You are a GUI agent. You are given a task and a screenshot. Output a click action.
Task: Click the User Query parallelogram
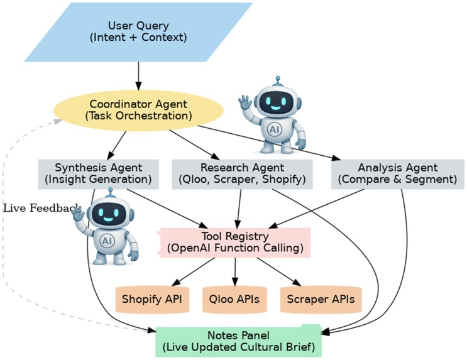coord(138,32)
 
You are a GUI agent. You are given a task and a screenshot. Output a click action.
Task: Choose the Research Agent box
coord(242,173)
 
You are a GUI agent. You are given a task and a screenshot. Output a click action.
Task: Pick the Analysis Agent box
coord(397,173)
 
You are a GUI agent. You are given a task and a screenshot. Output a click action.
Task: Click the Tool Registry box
coord(235,243)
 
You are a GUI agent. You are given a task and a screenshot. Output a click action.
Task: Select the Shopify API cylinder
coord(151,298)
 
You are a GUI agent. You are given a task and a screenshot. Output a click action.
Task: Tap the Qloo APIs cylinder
coord(235,298)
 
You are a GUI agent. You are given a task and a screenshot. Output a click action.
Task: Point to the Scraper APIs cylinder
coord(321,298)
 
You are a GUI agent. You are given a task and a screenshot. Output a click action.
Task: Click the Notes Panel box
coord(245,341)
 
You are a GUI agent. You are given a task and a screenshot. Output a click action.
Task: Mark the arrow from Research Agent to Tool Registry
coord(239,207)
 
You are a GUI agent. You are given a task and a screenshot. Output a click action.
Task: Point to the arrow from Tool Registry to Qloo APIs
coord(235,271)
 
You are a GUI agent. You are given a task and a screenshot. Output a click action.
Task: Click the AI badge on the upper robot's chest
coord(274,129)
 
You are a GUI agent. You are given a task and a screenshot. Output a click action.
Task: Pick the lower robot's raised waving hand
coord(77,214)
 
